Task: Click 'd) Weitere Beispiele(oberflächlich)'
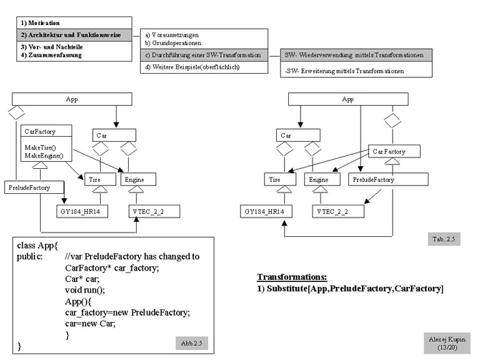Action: [192, 67]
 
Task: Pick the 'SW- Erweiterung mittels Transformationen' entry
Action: [344, 71]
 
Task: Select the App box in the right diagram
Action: [348, 99]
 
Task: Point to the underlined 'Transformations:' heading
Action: [291, 276]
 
